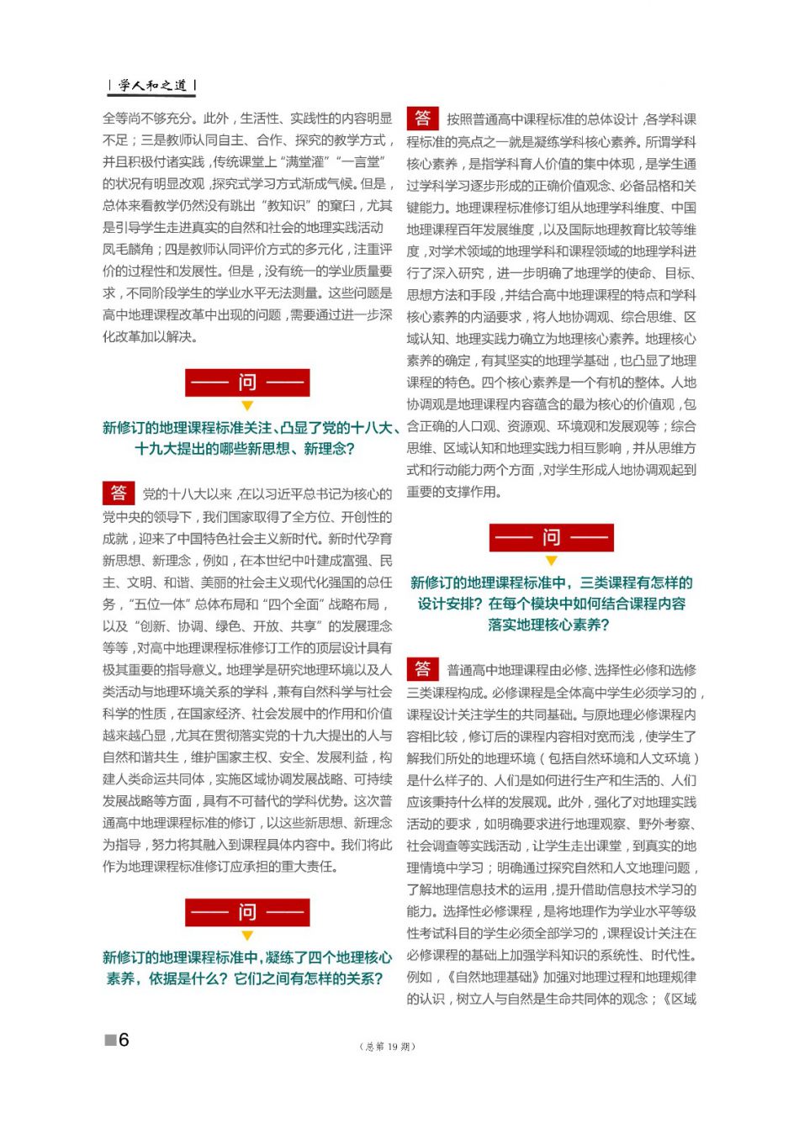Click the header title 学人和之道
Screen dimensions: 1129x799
pyautogui.click(x=152, y=85)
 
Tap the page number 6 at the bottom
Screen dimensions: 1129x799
pyautogui.click(x=124, y=1040)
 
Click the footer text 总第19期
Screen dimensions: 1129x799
pyautogui.click(x=387, y=1047)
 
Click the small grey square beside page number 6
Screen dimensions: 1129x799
pyautogui.click(x=109, y=1040)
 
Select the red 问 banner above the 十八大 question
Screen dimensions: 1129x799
pyautogui.click(x=247, y=382)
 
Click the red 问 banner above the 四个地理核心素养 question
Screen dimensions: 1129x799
pyautogui.click(x=247, y=912)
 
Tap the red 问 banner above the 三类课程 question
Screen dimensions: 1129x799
pyautogui.click(x=551, y=537)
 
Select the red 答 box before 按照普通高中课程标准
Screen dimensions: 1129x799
pyautogui.click(x=422, y=119)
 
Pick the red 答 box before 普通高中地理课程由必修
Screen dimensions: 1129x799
pyautogui.click(x=422, y=669)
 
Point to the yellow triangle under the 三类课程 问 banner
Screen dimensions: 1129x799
pyautogui.click(x=551, y=561)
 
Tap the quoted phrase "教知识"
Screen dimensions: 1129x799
pyautogui.click(x=299, y=206)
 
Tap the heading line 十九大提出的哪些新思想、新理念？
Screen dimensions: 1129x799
pyautogui.click(x=246, y=449)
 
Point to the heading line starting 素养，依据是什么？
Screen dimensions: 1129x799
pyautogui.click(x=246, y=979)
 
